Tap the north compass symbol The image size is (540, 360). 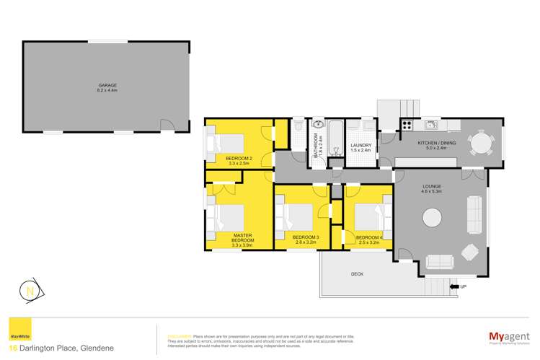[30, 291]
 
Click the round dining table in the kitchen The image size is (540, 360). [480, 143]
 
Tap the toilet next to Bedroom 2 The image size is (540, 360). [299, 128]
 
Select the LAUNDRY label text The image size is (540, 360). [360, 146]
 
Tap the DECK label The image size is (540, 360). [358, 274]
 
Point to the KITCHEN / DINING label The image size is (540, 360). [437, 144]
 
